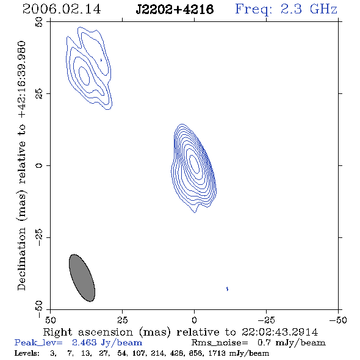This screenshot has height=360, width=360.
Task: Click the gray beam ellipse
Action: coord(82,278)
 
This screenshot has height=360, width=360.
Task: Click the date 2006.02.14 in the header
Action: coord(62,9)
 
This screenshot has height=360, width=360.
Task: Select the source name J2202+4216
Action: coord(175,9)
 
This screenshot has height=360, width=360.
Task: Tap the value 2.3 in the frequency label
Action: coord(291,9)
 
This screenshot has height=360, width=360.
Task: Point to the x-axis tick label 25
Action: coord(122,320)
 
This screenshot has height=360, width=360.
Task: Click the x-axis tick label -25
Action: coord(266,320)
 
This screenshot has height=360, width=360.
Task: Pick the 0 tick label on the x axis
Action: coord(194,320)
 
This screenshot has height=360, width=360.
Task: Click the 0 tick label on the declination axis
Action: coord(39,165)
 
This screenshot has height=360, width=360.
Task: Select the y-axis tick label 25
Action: coord(39,94)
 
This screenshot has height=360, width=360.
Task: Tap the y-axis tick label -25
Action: coord(39,237)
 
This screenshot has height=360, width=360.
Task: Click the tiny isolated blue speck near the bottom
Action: coord(228,289)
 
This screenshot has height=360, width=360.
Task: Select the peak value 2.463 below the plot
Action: coord(84,342)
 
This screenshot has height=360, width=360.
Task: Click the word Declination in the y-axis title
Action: coord(21,259)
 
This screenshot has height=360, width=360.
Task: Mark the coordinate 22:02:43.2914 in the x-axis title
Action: coord(279,332)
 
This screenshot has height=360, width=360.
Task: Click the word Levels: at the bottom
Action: coord(27,353)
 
